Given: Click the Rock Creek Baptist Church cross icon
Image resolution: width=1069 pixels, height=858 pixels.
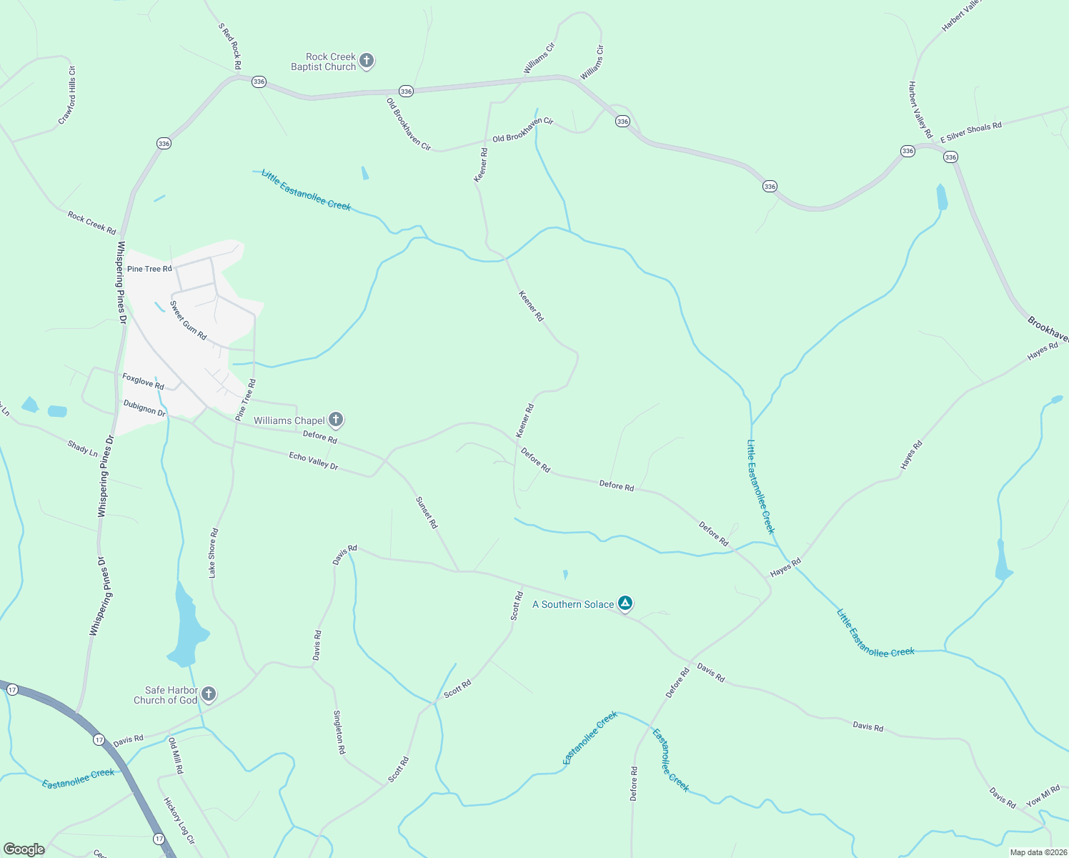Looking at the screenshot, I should (x=366, y=61).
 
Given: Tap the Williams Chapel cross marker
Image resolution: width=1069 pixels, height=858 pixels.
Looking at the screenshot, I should (x=336, y=420).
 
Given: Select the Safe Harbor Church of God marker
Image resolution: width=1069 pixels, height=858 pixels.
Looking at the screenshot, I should (x=208, y=694).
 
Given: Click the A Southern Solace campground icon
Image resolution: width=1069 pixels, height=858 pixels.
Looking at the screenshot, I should (x=625, y=604).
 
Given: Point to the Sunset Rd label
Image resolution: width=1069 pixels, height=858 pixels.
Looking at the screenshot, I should (x=427, y=513).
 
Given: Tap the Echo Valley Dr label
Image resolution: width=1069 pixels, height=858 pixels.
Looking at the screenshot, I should (x=313, y=460).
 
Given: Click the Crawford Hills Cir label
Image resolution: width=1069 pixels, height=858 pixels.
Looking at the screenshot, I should (x=67, y=95).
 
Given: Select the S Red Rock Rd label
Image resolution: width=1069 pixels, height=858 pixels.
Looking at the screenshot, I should (x=230, y=46).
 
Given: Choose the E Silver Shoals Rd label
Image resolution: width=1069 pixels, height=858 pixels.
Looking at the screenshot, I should (x=970, y=132).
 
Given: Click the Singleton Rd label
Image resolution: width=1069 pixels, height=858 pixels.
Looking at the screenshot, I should (x=340, y=732).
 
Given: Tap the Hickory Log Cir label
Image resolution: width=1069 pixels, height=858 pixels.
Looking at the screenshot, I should (x=179, y=821).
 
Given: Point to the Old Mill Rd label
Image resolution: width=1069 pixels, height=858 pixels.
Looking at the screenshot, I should (x=176, y=756).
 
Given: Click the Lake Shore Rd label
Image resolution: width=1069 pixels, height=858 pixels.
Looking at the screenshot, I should (x=213, y=553).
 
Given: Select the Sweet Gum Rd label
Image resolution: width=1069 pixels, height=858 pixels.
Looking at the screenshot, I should (x=188, y=320).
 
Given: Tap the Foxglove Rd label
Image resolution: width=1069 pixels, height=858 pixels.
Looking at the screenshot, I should (x=143, y=381).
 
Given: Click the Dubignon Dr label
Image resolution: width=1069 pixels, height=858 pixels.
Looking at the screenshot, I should (x=144, y=408).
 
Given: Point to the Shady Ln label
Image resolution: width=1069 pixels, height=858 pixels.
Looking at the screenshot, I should (x=82, y=448).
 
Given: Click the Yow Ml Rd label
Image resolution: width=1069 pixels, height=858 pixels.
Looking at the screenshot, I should (x=1043, y=796).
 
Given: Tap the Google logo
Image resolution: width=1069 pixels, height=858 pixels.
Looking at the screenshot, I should (x=24, y=849).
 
